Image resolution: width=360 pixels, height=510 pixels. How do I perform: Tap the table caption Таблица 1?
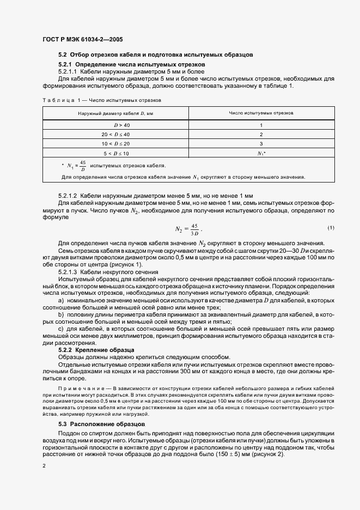pyautogui.click(x=58, y=100)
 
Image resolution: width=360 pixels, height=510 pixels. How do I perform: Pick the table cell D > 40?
pyautogui.click(x=115, y=125)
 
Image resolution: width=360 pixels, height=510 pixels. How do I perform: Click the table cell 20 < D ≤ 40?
pyautogui.click(x=115, y=134)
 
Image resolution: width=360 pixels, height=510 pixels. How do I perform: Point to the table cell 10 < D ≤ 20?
pyautogui.click(x=115, y=144)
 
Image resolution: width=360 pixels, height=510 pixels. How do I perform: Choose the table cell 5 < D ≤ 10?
pyautogui.click(x=115, y=154)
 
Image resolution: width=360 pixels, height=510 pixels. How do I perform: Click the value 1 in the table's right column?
pyautogui.click(x=261, y=125)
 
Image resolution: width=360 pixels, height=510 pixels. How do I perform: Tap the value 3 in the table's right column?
pyautogui.click(x=261, y=144)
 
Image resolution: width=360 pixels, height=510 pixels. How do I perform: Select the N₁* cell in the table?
pyautogui.click(x=261, y=154)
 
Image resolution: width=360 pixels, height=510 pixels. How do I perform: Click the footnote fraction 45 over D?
pyautogui.click(x=83, y=165)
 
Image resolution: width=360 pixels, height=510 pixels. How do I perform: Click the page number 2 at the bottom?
pyautogui.click(x=44, y=466)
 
